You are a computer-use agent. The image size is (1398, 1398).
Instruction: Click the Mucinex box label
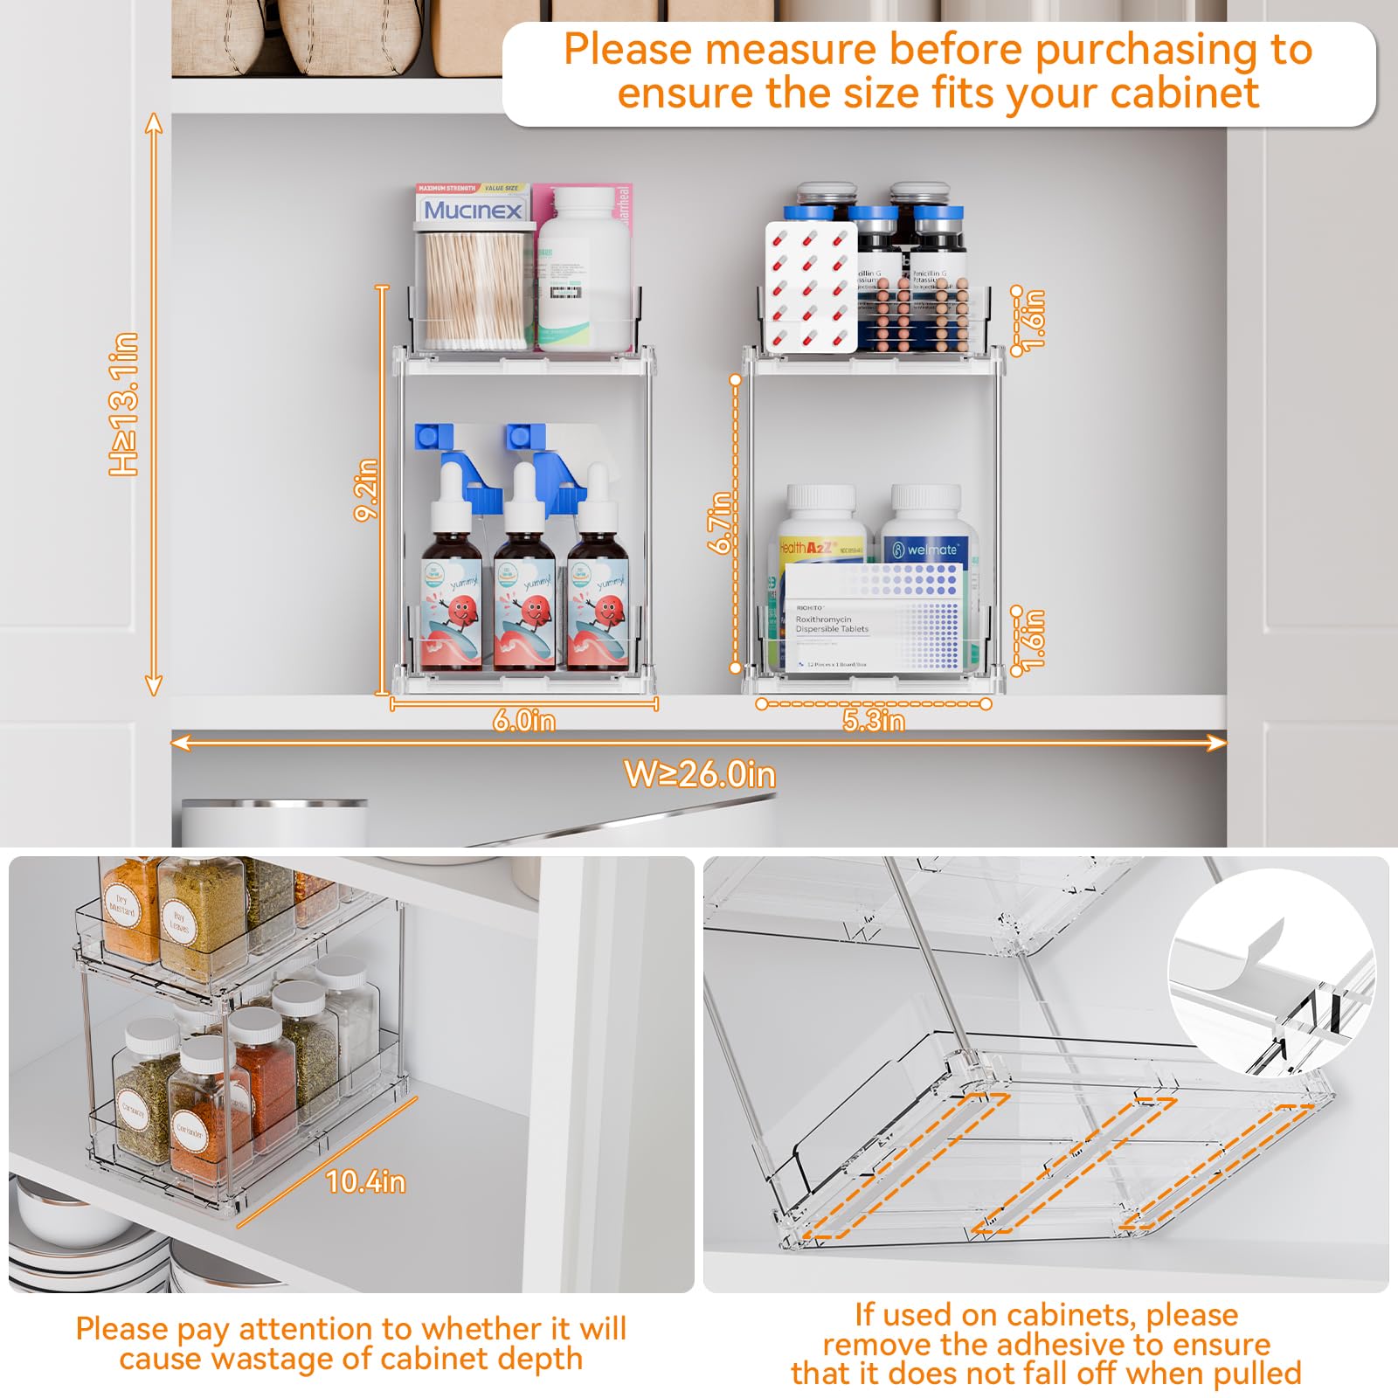[x=473, y=210]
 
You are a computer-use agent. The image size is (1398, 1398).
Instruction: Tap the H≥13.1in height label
[x=124, y=404]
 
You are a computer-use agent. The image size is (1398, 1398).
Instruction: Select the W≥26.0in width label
[x=699, y=774]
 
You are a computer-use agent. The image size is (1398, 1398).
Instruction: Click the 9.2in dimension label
[x=366, y=489]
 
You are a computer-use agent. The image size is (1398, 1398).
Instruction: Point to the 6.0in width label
[x=523, y=721]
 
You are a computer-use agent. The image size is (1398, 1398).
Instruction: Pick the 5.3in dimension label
[x=873, y=721]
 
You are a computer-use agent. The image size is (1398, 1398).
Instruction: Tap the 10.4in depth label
[x=365, y=1181]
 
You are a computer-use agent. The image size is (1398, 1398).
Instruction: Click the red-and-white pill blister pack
[x=810, y=287]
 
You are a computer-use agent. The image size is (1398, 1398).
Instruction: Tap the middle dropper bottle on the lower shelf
[x=524, y=594]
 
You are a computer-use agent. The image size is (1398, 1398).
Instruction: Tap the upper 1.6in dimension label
[x=1034, y=320]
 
